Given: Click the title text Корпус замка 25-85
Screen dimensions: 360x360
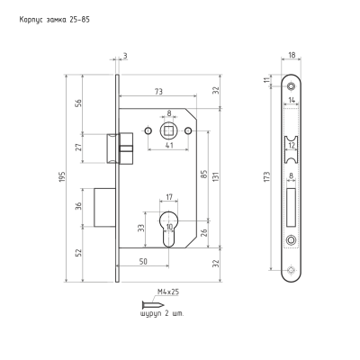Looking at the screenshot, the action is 55,20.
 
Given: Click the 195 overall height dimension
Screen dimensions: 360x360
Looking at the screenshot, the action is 63,178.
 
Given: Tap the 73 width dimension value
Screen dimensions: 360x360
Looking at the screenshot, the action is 158,92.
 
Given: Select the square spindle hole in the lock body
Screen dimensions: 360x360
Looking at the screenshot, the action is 169,131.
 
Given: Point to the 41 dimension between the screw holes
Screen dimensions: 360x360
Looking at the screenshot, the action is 169,145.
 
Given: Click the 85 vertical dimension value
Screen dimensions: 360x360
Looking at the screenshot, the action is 203,175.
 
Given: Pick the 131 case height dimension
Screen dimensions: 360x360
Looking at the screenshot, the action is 217,177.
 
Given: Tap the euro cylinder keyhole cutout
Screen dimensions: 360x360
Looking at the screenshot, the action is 169,229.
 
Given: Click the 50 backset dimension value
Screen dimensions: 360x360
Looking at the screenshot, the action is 143,262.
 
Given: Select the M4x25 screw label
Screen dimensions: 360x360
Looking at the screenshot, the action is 168,292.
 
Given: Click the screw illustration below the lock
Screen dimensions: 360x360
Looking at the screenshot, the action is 153,305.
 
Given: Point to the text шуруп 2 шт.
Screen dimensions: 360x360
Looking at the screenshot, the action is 162,314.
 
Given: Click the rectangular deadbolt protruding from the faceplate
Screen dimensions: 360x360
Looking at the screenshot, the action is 104,208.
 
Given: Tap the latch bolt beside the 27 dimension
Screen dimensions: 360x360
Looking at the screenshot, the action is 113,148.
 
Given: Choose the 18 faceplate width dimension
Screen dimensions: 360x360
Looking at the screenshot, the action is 292,55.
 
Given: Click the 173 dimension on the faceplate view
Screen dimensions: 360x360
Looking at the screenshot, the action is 267,177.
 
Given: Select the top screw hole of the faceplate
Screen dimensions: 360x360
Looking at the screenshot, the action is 291,86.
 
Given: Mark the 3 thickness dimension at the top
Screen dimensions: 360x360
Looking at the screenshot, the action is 125,56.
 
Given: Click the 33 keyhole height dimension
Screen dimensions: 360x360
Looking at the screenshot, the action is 141,228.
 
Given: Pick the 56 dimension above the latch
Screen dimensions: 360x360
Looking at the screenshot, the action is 79,103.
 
